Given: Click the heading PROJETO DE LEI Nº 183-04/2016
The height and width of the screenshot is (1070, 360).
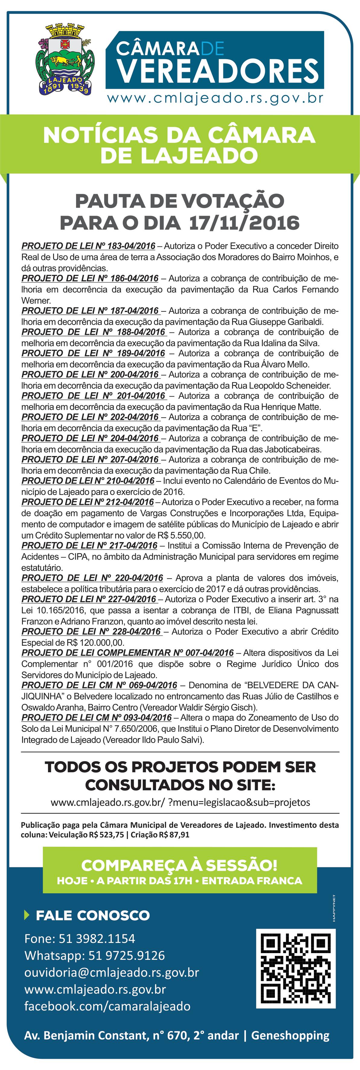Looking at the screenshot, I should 88,246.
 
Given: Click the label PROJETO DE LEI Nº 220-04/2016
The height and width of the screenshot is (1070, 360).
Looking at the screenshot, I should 92,578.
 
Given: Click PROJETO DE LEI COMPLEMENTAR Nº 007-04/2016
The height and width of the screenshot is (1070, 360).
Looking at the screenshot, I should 127,653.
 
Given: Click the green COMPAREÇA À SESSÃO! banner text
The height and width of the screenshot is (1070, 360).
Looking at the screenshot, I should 179,865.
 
